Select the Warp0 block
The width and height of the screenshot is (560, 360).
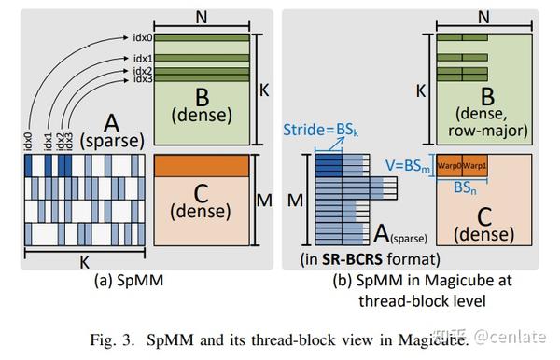coord(450,168)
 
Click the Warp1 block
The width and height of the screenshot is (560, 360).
coord(482,168)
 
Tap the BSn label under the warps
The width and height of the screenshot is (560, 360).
coord(466,187)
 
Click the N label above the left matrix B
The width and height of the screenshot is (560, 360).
coord(203,16)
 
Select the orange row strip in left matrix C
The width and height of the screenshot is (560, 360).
coord(202,165)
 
